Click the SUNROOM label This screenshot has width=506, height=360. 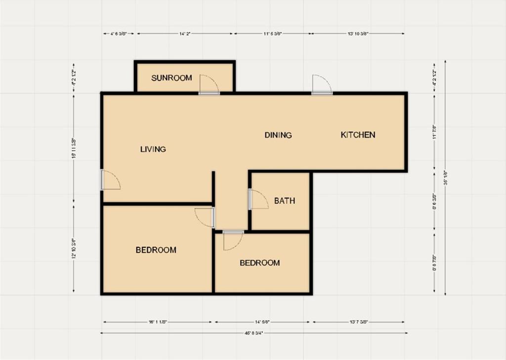pos(171,78)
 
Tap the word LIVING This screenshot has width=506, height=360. pos(153,149)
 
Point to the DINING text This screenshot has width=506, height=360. pos(278,135)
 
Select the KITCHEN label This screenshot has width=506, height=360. pos(358,135)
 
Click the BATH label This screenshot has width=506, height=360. pos(285,201)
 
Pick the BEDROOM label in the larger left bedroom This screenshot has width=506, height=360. pos(156,250)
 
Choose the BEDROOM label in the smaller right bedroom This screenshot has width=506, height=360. pos(259,263)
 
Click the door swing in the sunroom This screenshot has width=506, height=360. pos(209,85)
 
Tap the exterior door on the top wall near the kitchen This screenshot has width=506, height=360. pos(322,85)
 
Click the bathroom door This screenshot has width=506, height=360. pos(258,199)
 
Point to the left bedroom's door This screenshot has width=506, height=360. pos(205,217)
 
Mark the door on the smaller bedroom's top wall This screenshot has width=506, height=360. pos(233,240)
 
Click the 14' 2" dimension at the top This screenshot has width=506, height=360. pos(184,34)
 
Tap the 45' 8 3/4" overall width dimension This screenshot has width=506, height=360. pos(253,333)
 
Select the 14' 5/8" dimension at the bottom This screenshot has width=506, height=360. pos(262,322)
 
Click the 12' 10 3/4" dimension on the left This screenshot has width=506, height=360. pos(74,249)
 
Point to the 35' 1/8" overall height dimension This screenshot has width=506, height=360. pos(445,178)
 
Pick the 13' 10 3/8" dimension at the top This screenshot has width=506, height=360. pos(358,34)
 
